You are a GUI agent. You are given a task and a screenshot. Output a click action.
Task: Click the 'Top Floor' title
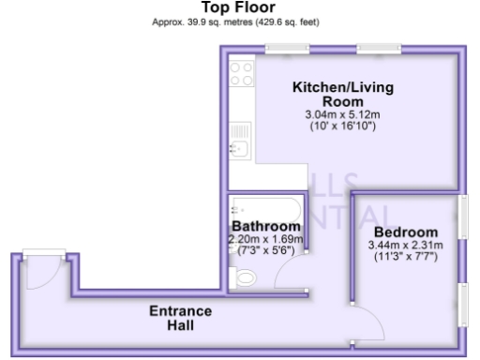point(239,7)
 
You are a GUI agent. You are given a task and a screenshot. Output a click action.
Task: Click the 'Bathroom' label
point(266,227)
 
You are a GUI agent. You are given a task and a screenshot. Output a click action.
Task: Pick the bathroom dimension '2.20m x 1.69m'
point(266,239)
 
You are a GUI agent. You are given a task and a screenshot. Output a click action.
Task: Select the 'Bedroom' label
point(406,232)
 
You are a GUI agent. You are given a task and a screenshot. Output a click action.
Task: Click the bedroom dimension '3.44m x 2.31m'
point(406,246)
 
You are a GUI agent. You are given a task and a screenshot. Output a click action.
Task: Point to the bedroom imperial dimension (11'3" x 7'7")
point(406,257)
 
